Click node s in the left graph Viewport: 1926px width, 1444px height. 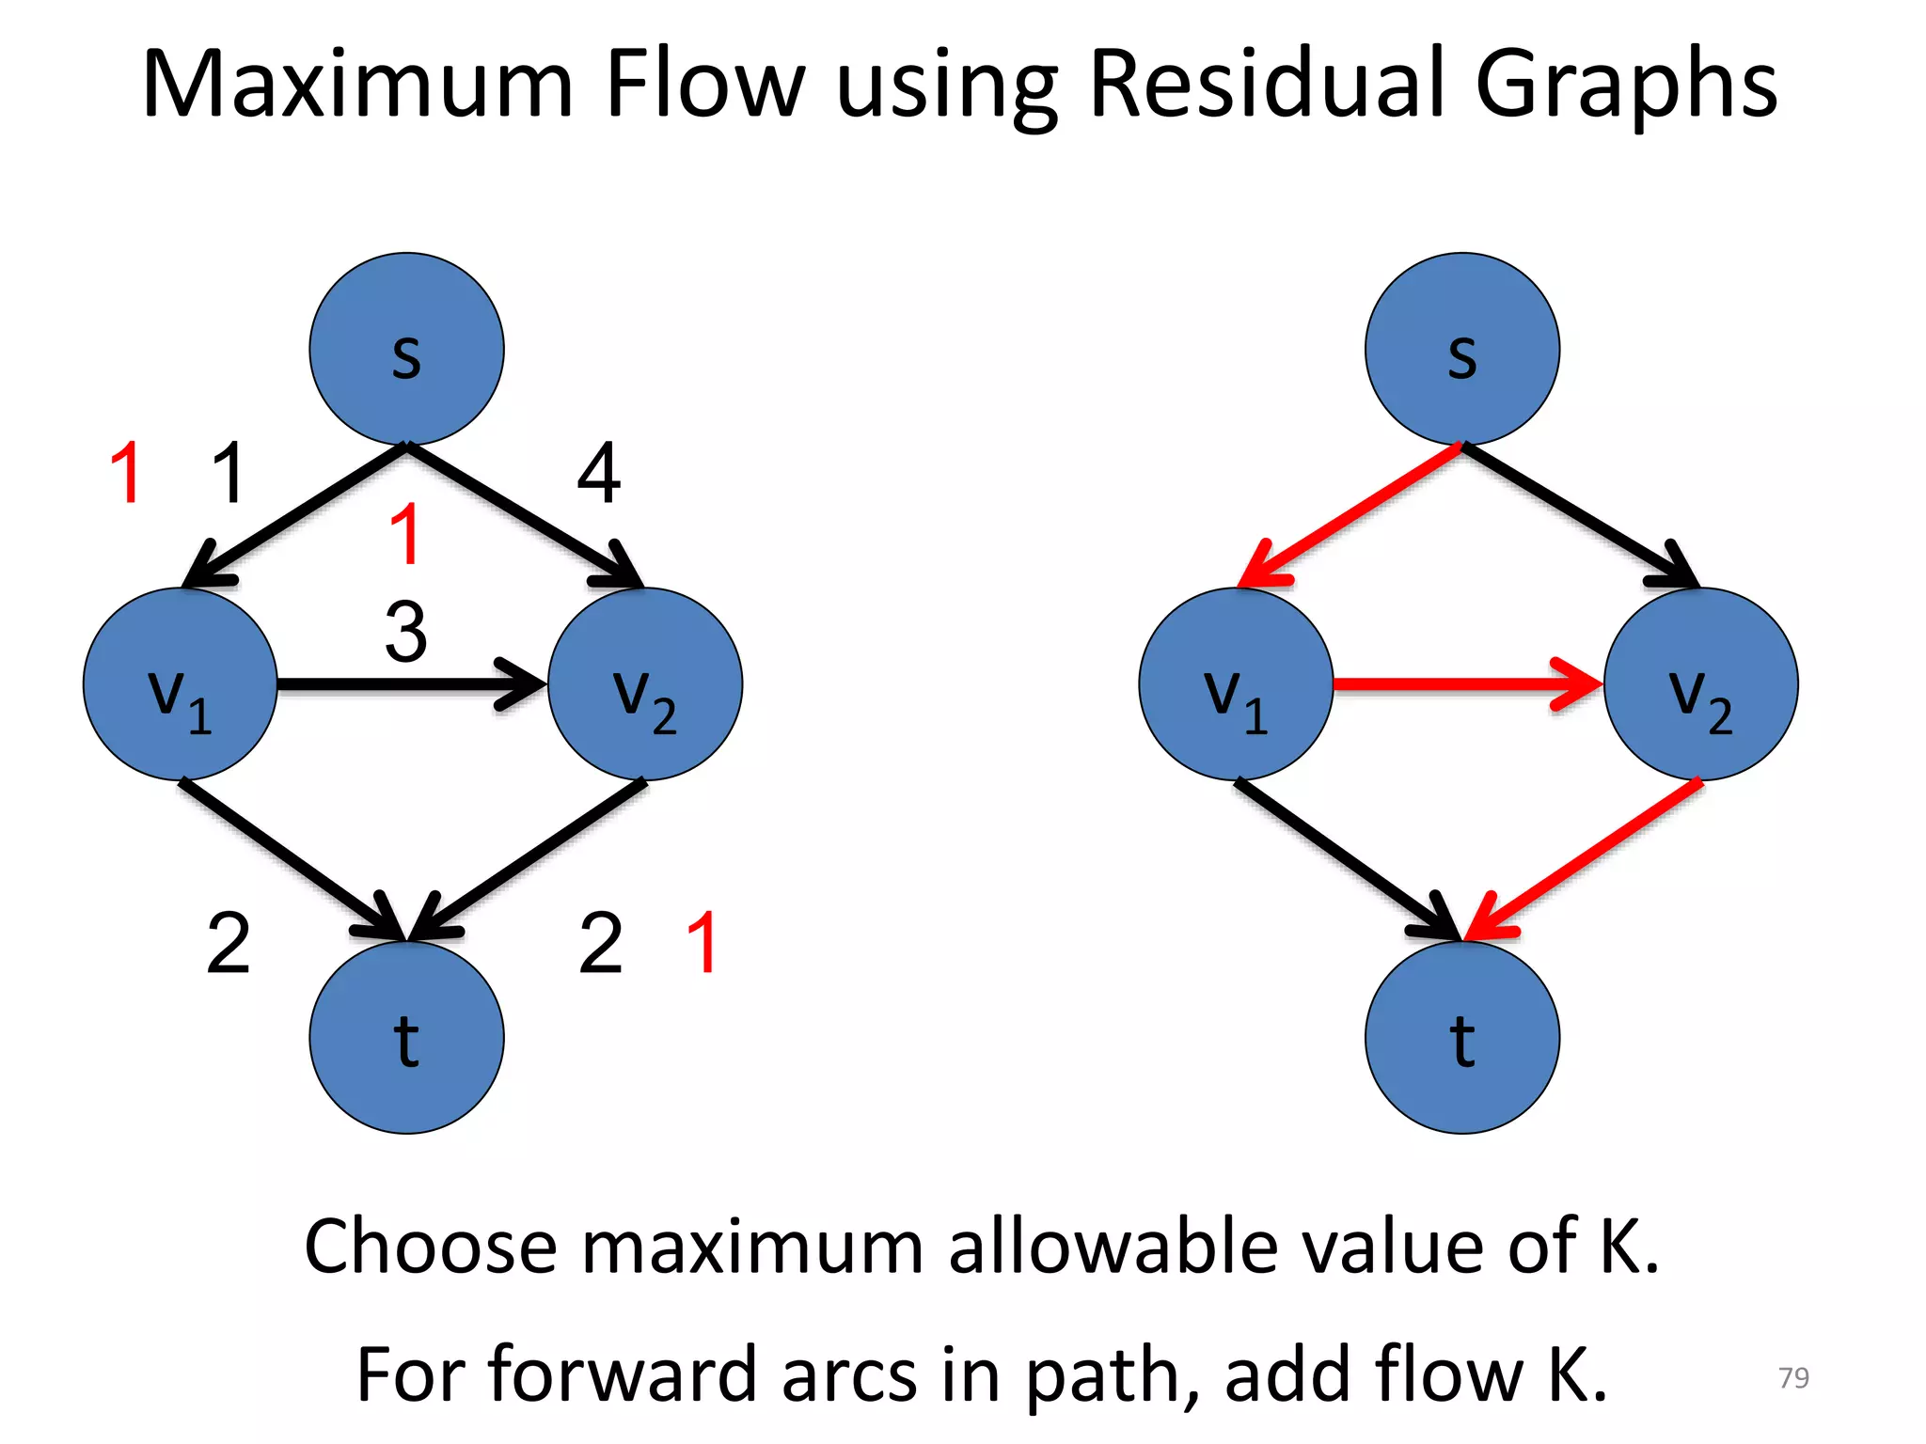tap(406, 349)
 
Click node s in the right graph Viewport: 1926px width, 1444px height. tap(1461, 349)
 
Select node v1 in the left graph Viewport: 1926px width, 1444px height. tap(181, 684)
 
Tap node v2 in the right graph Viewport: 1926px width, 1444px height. tap(1700, 684)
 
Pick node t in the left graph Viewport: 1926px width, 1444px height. tap(406, 1037)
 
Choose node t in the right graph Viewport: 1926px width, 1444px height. tap(1461, 1037)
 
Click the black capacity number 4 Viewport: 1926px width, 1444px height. tap(599, 474)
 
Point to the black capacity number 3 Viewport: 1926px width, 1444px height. tap(406, 632)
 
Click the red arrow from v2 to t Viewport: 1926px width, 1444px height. tap(1589, 855)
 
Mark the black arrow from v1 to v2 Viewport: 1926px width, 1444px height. tap(395, 683)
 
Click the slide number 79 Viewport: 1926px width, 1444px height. tap(1793, 1377)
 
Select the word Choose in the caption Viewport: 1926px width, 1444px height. tap(431, 1247)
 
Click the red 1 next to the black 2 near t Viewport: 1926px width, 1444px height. tap(703, 942)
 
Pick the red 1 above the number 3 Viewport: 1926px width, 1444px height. tap(405, 534)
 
